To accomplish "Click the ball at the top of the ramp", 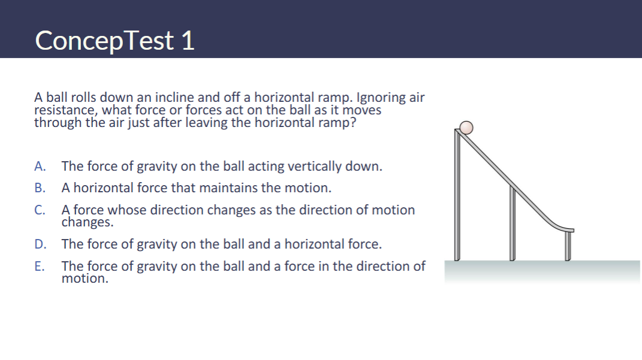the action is (x=466, y=128).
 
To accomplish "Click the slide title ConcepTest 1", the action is (x=114, y=41).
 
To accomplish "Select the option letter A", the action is (x=40, y=166).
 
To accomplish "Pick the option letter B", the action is (x=40, y=187).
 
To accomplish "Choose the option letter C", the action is (x=40, y=210).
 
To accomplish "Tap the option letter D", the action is (x=40, y=244).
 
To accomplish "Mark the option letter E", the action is (x=40, y=267).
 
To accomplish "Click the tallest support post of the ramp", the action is (x=457, y=195).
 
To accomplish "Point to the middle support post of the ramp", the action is (x=512, y=223).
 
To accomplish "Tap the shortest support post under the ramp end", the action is (x=568, y=246).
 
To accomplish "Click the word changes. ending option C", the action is (x=87, y=222).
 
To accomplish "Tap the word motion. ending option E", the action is (x=85, y=279).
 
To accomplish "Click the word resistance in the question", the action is (x=65, y=110).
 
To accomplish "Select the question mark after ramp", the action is (x=353, y=122).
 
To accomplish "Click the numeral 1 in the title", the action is (x=188, y=41).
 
